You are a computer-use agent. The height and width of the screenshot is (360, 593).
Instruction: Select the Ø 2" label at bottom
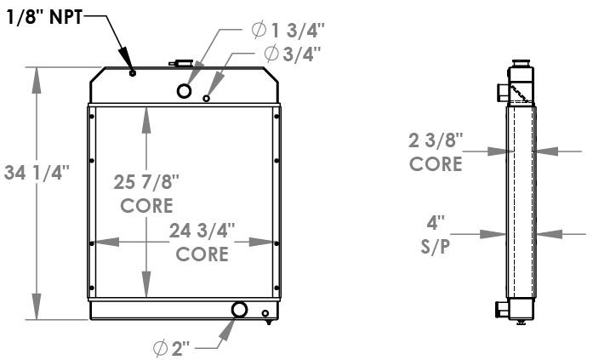tap(174, 346)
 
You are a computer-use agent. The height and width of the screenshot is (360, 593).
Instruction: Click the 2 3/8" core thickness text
tap(436, 151)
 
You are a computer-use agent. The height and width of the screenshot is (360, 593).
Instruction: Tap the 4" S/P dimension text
tap(436, 237)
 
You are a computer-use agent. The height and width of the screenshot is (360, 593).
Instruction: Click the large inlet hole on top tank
tap(185, 91)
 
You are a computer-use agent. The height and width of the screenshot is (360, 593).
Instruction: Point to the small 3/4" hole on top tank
tap(207, 99)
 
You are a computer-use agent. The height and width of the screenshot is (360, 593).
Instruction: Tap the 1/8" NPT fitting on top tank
tap(133, 74)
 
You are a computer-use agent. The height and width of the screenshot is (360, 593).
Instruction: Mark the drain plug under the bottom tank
tap(269, 321)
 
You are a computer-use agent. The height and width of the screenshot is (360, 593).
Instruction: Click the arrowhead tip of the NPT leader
tap(130, 67)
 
